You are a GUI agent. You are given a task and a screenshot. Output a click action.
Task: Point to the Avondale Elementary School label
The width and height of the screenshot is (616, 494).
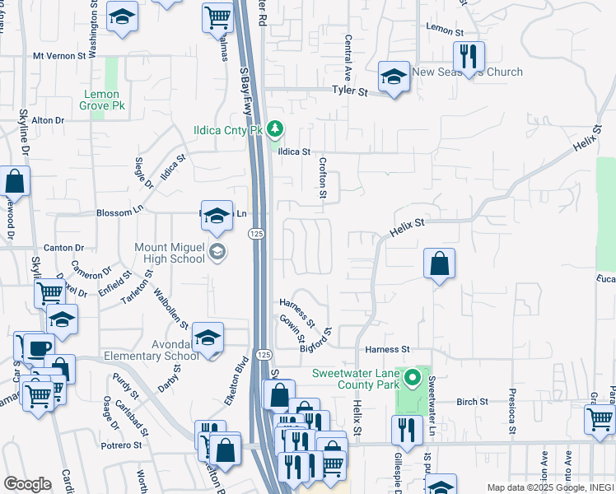coord(152,349)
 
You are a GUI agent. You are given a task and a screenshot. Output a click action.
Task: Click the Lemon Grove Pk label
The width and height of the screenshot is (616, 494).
coord(103,100)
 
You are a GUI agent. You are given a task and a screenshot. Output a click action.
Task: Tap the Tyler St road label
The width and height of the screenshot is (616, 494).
coord(349,91)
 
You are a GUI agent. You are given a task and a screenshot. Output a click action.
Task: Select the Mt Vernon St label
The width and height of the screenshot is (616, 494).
coord(59,57)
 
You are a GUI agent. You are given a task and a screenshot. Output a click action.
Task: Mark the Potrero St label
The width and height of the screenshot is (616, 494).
coord(122,445)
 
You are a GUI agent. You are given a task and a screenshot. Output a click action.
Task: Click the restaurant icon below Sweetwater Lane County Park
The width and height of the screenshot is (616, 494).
coord(407,429)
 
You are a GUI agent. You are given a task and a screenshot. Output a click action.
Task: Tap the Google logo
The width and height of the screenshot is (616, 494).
coord(27,484)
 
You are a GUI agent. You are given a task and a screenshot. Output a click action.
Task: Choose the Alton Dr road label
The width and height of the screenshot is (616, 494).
coord(48,120)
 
